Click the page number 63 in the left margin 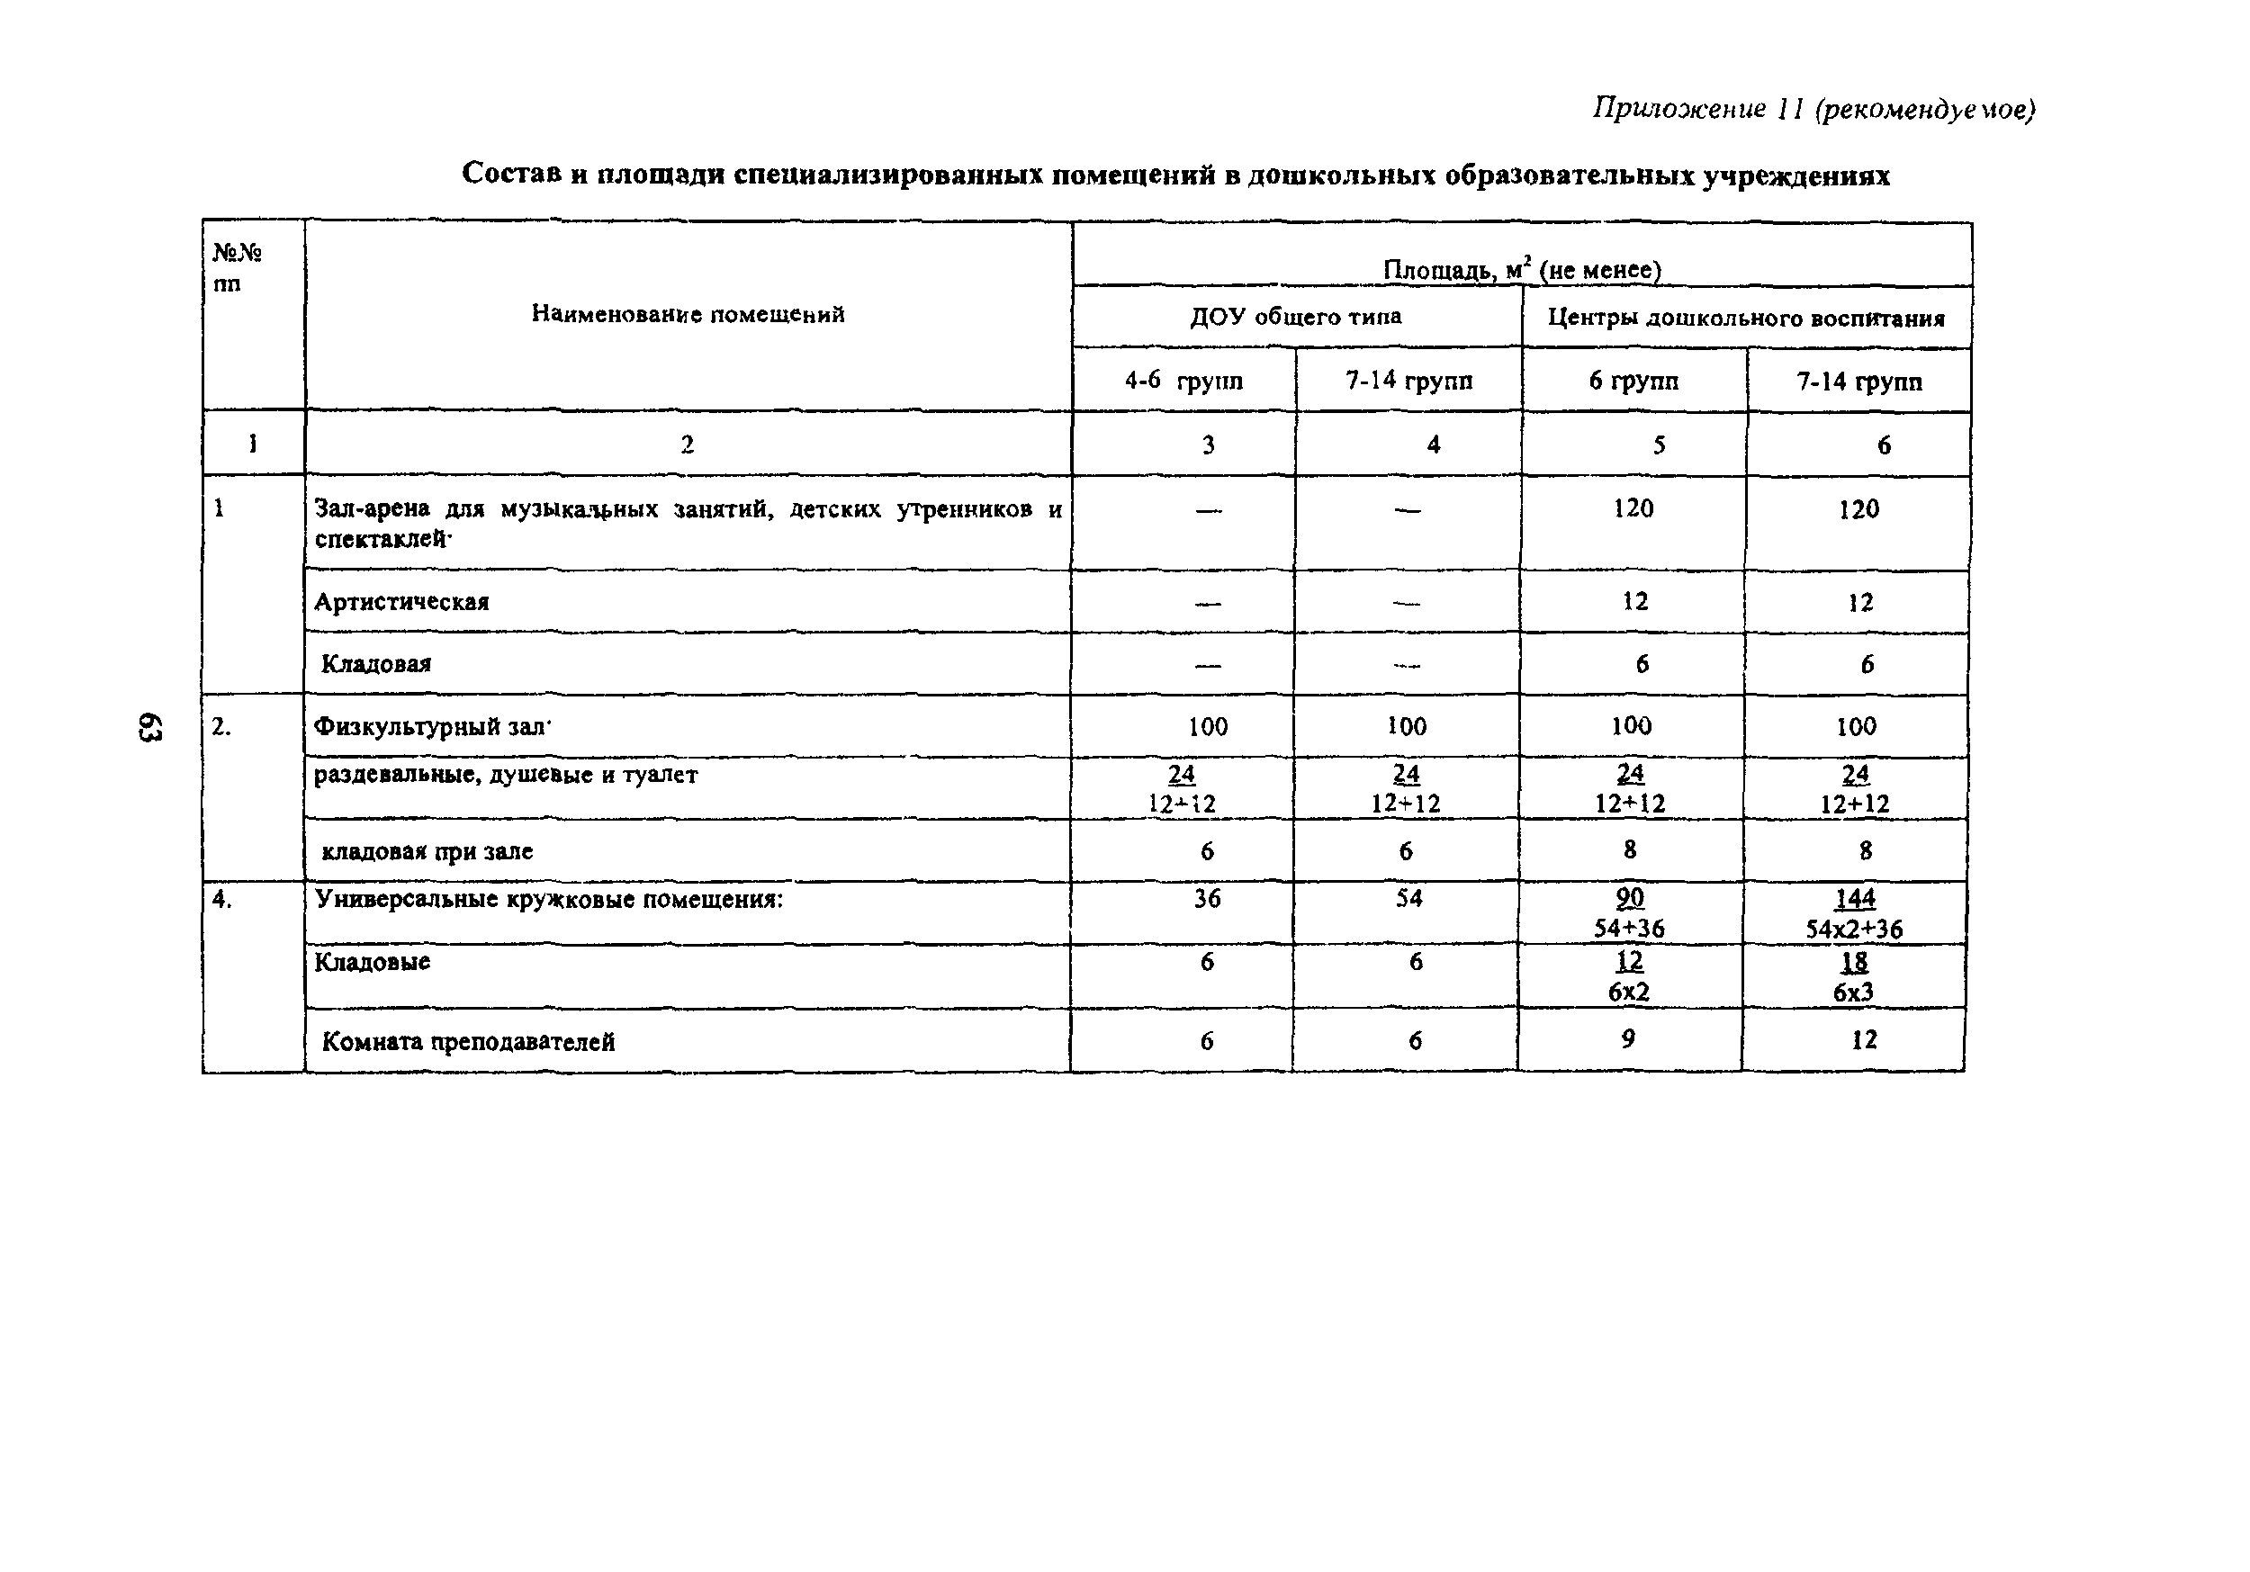pyautogui.click(x=149, y=727)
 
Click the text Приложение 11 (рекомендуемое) pyautogui.click(x=1813, y=109)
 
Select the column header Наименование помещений pyautogui.click(x=688, y=314)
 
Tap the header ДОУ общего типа pyautogui.click(x=1295, y=317)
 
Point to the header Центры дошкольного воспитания pyautogui.click(x=1745, y=319)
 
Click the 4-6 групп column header pyautogui.click(x=1183, y=381)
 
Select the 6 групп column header pyautogui.click(x=1633, y=381)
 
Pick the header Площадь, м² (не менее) pyautogui.click(x=1521, y=268)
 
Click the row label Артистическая pyautogui.click(x=401, y=602)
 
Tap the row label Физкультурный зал pyautogui.click(x=428, y=726)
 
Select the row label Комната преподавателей pyautogui.click(x=468, y=1041)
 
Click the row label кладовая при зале pyautogui.click(x=427, y=850)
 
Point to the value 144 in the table pyautogui.click(x=1854, y=899)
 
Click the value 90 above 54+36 pyautogui.click(x=1630, y=898)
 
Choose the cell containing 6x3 pyautogui.click(x=1853, y=992)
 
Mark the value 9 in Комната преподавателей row pyautogui.click(x=1629, y=1039)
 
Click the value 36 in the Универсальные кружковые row pyautogui.click(x=1207, y=899)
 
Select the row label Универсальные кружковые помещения pyautogui.click(x=549, y=899)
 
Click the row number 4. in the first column pyautogui.click(x=222, y=899)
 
